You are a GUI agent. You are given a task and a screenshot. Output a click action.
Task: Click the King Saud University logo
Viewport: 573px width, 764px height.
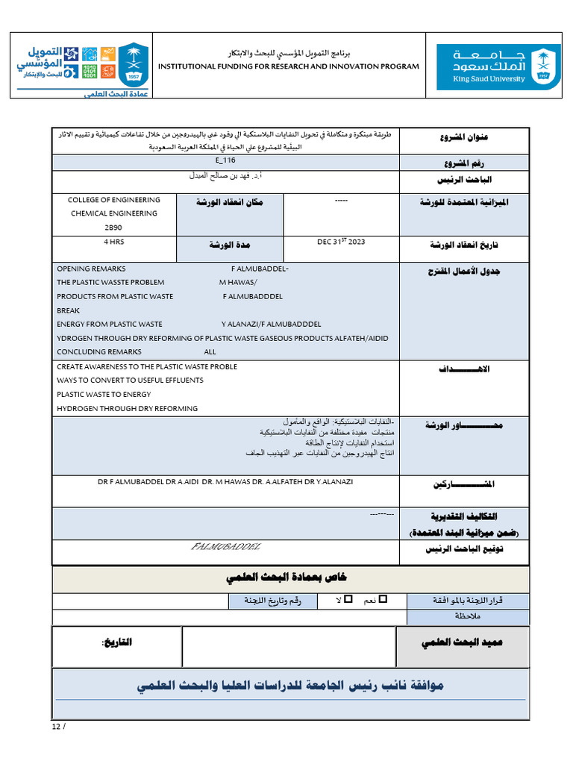click(x=498, y=66)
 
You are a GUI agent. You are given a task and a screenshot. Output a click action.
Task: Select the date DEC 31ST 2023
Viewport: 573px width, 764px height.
click(x=341, y=242)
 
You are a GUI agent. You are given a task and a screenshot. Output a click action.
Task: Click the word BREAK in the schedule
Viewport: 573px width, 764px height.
click(x=68, y=310)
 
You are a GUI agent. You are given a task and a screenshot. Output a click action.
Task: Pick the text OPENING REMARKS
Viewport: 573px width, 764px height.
click(x=91, y=269)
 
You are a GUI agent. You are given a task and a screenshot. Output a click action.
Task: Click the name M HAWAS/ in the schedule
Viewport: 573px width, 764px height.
click(x=237, y=283)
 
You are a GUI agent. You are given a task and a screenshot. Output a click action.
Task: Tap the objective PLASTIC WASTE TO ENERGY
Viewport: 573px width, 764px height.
click(x=104, y=394)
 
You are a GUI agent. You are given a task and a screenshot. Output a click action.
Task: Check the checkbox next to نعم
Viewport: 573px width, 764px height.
click(x=384, y=599)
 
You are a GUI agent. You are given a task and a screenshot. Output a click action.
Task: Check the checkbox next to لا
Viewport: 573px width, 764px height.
click(x=348, y=599)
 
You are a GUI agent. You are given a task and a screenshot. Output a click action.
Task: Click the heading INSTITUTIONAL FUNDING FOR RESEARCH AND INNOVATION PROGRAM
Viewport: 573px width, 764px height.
click(x=289, y=66)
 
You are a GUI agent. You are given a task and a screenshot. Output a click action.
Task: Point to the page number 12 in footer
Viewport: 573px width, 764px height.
click(x=56, y=727)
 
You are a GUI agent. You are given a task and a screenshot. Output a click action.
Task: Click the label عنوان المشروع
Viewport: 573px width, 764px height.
click(x=466, y=137)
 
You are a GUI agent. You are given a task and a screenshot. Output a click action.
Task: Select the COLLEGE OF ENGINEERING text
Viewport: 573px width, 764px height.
click(x=114, y=200)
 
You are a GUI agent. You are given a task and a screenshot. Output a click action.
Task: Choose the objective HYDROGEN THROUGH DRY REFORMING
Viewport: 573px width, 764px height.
click(x=127, y=408)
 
